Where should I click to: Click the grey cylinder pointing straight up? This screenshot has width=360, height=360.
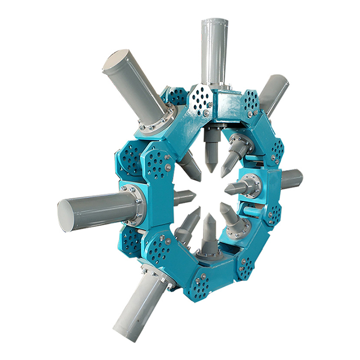point(214,53)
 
